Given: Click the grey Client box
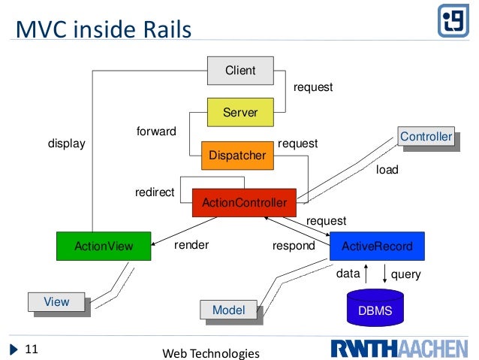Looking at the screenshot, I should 241,71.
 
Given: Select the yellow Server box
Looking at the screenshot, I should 241,113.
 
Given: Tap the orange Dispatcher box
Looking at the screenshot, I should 237,156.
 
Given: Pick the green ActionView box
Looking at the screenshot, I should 104,246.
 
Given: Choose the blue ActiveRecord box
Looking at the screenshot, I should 376,246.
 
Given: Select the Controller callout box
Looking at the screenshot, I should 426,137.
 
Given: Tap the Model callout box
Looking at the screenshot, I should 228,310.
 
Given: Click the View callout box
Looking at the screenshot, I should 56,302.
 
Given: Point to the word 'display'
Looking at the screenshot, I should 67,142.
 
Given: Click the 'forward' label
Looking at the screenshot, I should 156,132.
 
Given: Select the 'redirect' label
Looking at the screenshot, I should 155,192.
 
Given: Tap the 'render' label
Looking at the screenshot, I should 191,245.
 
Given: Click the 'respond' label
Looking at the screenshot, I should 293,246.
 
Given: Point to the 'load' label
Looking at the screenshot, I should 387,171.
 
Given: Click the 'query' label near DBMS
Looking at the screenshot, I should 406,274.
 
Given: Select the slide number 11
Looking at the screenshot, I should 32,349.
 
